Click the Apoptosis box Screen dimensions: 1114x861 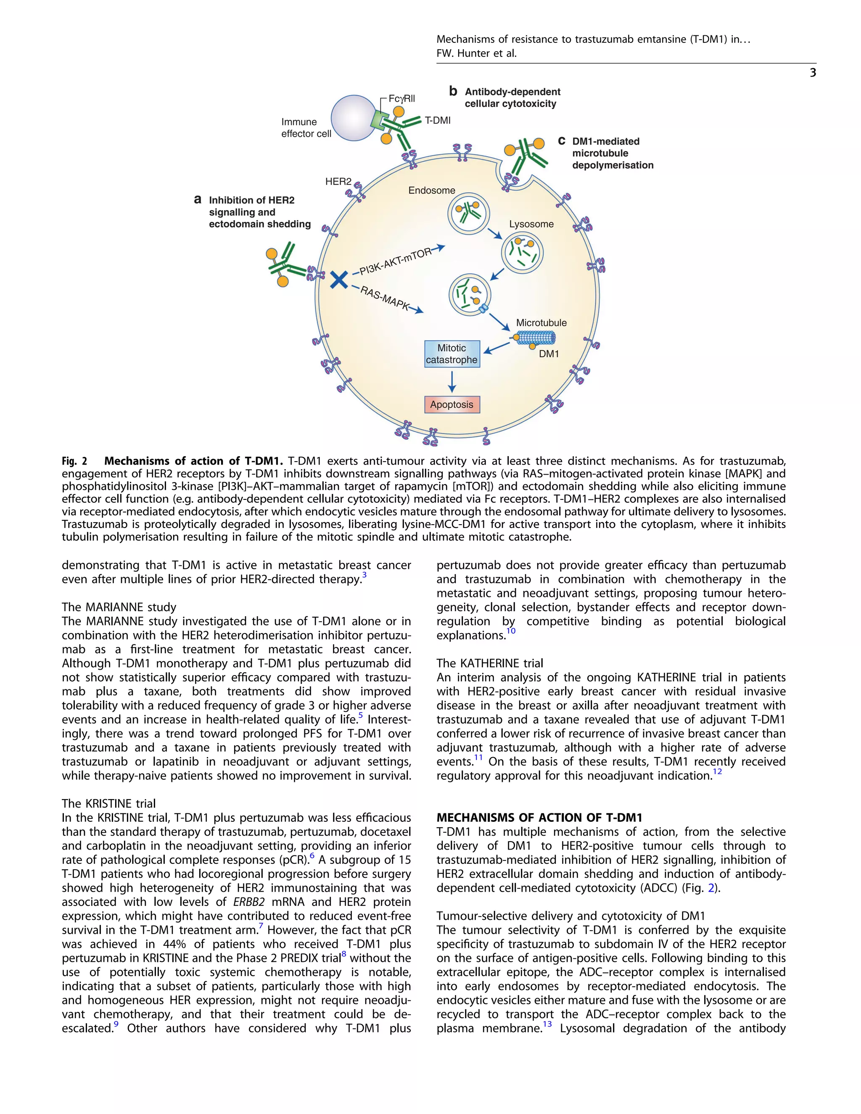pyautogui.click(x=452, y=404)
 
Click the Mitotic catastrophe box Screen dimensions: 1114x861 pyautogui.click(x=452, y=354)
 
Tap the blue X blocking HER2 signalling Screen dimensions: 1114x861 pyautogui.click(x=339, y=280)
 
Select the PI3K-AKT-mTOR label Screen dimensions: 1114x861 pyautogui.click(x=395, y=261)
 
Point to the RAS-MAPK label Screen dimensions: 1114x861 pyautogui.click(x=385, y=298)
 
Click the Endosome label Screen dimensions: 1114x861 pyautogui.click(x=431, y=190)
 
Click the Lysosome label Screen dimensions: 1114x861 pyautogui.click(x=531, y=224)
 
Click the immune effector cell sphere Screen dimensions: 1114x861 pyautogui.click(x=353, y=118)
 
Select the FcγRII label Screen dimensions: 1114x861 pyautogui.click(x=401, y=98)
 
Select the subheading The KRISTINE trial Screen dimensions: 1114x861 pyautogui.click(x=108, y=803)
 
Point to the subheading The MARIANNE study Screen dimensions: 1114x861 pyautogui.click(x=119, y=607)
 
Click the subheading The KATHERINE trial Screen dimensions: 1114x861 pyautogui.click(x=490, y=663)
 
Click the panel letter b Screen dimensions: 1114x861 pyautogui.click(x=453, y=91)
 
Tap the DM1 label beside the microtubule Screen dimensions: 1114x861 pyautogui.click(x=549, y=354)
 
